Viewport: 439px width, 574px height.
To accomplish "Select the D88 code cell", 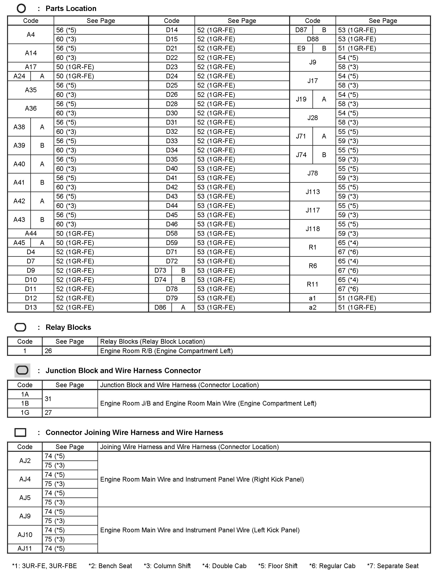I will point(313,39).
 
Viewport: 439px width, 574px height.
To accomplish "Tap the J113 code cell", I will point(313,192).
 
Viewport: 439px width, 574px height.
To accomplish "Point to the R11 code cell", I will point(313,284).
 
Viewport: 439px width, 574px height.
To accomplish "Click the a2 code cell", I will point(313,307).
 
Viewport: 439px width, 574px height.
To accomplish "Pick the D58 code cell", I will point(172,233).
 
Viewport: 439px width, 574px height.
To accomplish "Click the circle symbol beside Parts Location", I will point(21,9).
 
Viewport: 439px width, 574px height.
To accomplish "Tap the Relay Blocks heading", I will point(68,327).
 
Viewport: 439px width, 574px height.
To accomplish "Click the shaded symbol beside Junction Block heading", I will point(22,371).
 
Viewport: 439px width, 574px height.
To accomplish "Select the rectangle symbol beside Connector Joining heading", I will point(20,432).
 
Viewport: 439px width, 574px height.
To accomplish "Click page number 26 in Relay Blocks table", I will point(48,351).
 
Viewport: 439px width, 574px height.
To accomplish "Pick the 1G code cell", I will point(25,413).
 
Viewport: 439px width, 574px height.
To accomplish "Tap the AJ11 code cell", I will point(25,548).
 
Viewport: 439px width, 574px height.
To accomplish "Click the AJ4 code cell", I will point(25,479).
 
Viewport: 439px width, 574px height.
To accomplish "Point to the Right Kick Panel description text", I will point(202,479).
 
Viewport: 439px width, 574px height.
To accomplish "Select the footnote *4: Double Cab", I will point(224,566).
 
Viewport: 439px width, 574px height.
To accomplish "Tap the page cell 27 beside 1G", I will point(48,413).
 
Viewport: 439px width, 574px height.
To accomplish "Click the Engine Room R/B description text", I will point(166,351).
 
